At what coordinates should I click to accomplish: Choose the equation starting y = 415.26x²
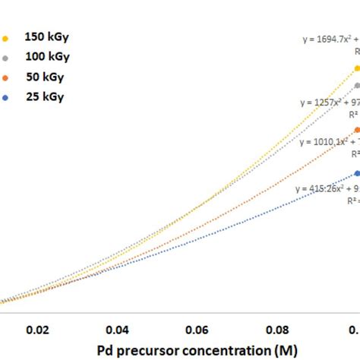[327, 188]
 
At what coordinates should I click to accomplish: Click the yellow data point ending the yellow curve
[356, 68]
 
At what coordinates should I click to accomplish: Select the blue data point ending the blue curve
[356, 173]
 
